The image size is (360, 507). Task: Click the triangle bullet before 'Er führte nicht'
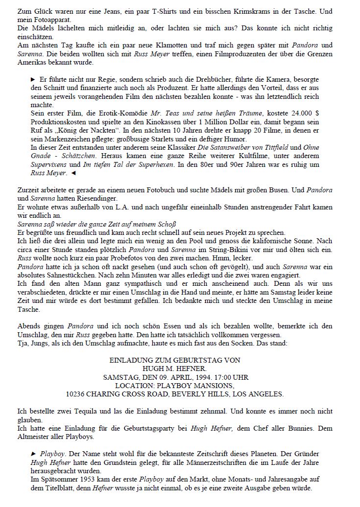click(x=33, y=79)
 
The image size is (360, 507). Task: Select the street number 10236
click(x=77, y=393)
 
